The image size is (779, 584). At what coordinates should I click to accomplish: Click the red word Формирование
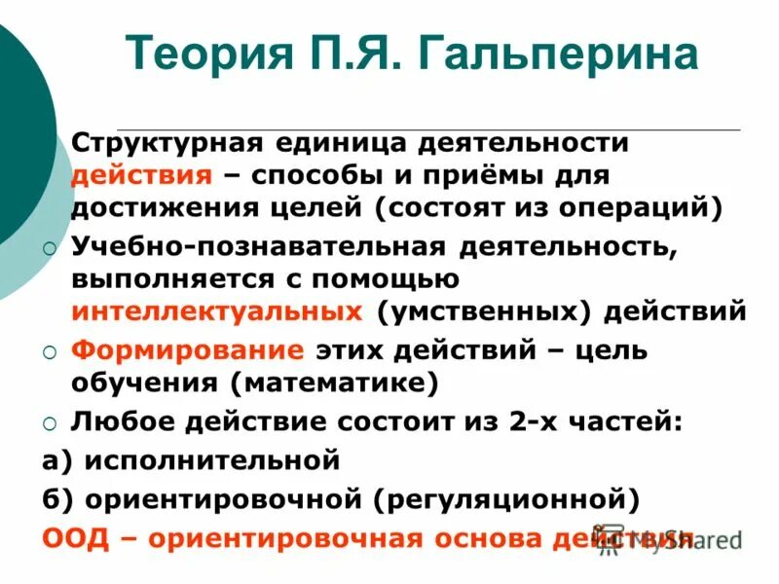click(187, 349)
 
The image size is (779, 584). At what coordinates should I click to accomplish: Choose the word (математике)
click(334, 383)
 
